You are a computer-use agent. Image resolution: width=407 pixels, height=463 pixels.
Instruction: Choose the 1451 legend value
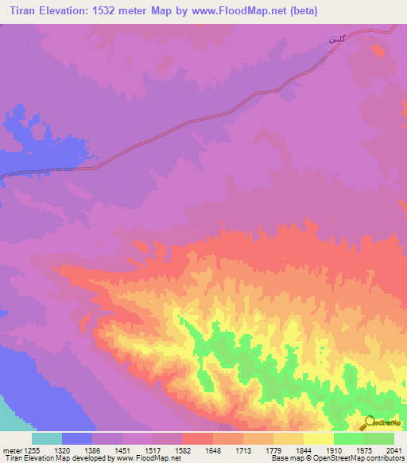click(x=122, y=449)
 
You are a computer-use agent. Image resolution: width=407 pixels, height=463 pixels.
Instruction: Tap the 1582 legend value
click(x=183, y=449)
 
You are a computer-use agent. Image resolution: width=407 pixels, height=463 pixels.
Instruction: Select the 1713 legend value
click(x=243, y=449)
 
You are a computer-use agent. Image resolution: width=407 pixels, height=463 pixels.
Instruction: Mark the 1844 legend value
click(x=304, y=449)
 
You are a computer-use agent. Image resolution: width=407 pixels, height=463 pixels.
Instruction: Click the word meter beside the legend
click(x=10, y=449)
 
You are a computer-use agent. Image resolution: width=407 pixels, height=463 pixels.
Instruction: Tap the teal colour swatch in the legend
click(x=47, y=438)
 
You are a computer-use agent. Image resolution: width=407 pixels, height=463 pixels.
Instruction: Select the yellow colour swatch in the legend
click(x=318, y=438)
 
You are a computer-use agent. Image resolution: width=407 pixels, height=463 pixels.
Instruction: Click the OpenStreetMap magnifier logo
click(x=368, y=423)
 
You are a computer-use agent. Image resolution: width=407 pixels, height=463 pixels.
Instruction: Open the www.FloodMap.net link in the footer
click(x=148, y=458)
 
